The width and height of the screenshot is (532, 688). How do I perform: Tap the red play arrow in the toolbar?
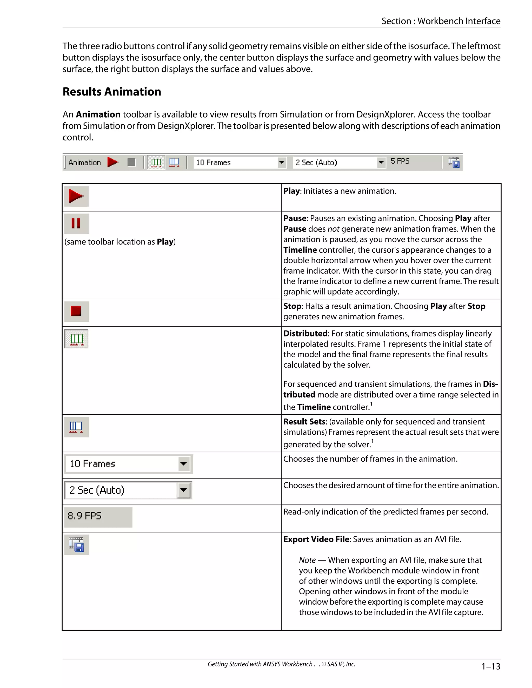112,162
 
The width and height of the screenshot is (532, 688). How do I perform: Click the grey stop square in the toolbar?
131,162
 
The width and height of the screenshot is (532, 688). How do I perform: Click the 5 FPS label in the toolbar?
400,161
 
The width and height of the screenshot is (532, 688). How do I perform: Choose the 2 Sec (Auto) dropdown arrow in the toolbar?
381,163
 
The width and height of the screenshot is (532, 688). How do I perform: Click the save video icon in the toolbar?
454,163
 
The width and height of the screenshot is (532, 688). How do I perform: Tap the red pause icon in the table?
76,223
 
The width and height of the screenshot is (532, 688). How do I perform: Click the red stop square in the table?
76,311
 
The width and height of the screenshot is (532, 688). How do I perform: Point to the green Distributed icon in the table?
76,339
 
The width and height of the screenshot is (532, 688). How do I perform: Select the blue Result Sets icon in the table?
76,427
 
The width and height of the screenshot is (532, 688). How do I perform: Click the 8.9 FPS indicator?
84,516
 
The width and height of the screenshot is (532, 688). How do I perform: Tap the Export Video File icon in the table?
76,545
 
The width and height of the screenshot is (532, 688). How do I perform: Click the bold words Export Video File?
316,539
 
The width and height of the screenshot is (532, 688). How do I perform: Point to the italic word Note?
307,560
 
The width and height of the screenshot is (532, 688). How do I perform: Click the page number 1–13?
490,666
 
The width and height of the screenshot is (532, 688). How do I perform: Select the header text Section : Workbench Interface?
441,21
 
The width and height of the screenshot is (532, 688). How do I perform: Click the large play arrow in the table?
76,196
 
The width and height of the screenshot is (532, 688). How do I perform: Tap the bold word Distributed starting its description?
305,334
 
